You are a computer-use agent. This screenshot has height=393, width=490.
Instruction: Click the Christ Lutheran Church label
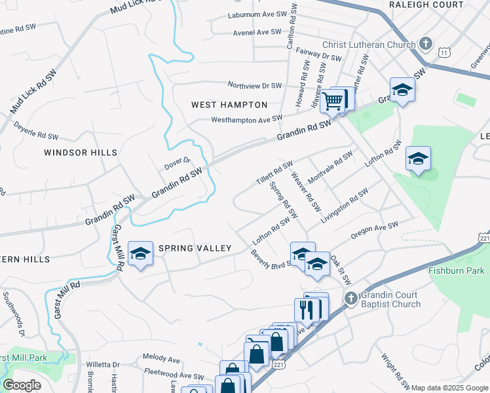(368, 45)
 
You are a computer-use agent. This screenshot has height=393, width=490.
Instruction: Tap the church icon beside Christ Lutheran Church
(426, 45)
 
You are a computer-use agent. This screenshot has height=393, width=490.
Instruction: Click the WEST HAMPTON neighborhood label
(229, 105)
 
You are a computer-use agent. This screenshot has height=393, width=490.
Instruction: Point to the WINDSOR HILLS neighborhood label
(81, 153)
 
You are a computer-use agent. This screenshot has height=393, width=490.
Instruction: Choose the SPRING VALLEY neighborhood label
(195, 248)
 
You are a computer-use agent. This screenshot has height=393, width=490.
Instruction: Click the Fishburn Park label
(457, 271)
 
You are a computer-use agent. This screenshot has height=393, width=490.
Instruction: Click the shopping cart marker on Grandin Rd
(333, 101)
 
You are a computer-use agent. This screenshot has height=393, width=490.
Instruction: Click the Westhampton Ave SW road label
(246, 119)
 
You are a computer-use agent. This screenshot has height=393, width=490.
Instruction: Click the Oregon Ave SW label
(375, 231)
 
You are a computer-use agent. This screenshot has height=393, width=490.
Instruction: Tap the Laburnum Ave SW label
(257, 14)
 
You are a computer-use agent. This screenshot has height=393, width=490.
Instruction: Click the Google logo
(22, 385)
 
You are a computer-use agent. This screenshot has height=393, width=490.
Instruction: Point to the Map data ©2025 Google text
(449, 388)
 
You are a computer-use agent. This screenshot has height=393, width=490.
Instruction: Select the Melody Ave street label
(161, 360)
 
